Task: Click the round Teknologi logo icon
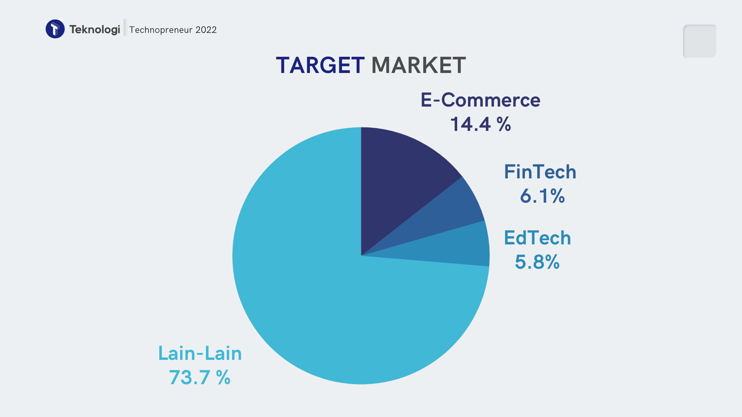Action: [x=55, y=29]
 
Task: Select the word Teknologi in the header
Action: [x=95, y=29]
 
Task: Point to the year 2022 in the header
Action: [x=206, y=30]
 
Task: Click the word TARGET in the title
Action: [x=320, y=65]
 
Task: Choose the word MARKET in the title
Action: [x=419, y=65]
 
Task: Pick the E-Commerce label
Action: [x=480, y=100]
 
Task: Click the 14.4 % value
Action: [x=480, y=124]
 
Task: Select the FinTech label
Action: [x=540, y=172]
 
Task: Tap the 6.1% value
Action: [x=542, y=196]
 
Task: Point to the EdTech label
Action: [x=537, y=238]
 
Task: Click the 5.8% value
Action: [x=537, y=262]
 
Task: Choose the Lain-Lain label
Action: [x=200, y=353]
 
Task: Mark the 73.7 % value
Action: [x=200, y=377]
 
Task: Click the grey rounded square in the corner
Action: [x=699, y=41]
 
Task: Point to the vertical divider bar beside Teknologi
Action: [x=125, y=27]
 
